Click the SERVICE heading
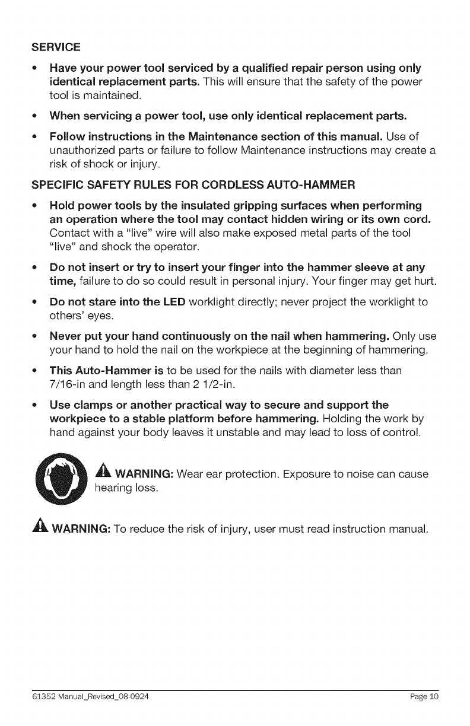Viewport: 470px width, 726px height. coord(56,46)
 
